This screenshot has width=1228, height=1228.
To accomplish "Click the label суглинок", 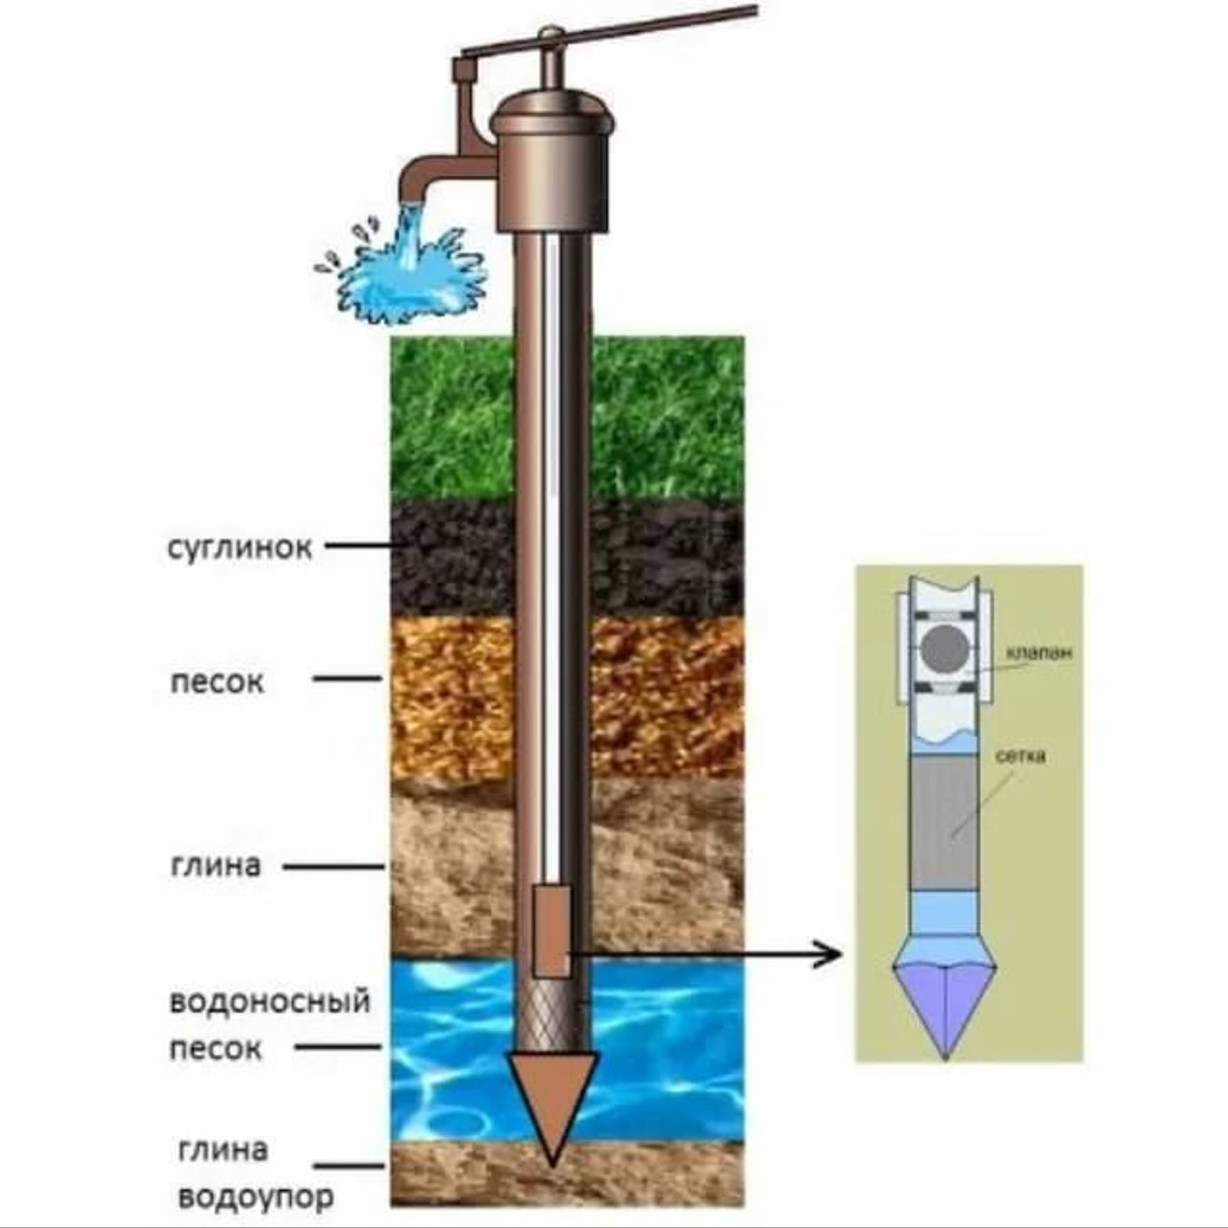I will [x=239, y=548].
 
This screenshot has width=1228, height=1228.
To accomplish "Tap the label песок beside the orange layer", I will [x=217, y=682].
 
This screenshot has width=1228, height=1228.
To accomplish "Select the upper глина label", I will [x=215, y=866].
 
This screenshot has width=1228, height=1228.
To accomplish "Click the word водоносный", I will [x=269, y=1001].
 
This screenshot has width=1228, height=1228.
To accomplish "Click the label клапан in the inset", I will [x=1038, y=652].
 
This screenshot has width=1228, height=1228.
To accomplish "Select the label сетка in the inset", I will [x=1020, y=756].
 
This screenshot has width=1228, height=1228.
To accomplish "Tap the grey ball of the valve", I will [x=944, y=650].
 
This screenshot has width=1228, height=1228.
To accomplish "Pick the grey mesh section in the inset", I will [x=944, y=823].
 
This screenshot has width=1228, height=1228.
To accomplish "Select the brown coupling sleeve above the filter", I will [x=551, y=931].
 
